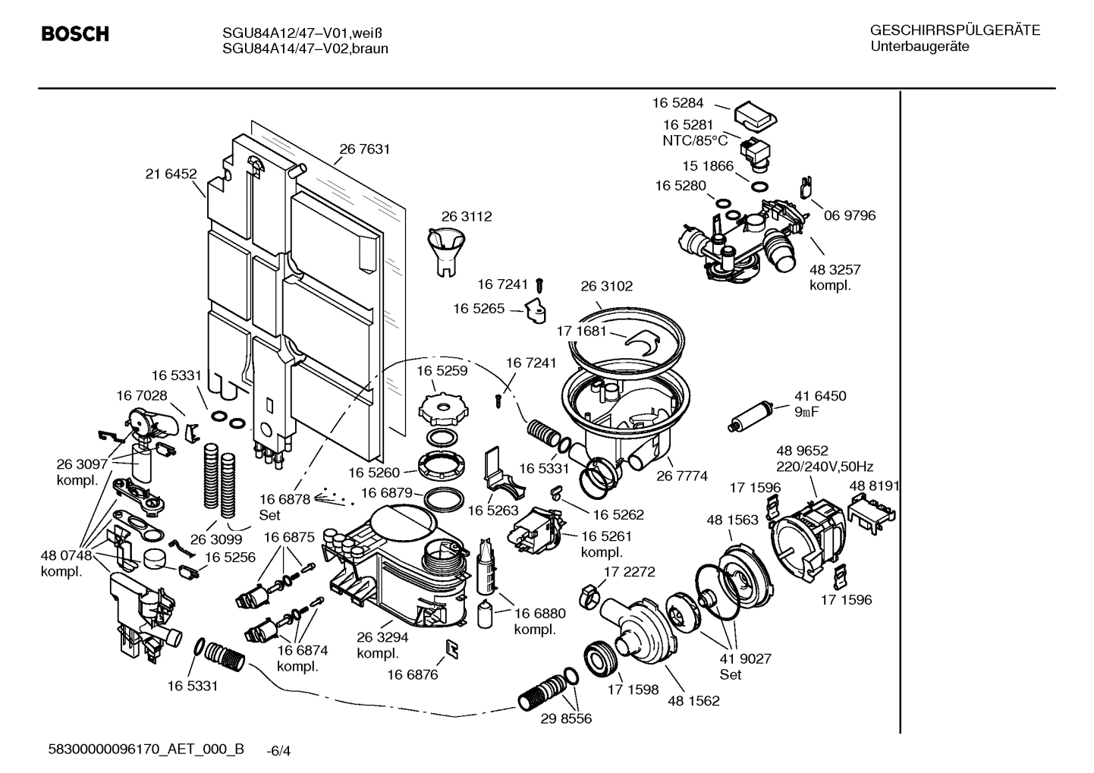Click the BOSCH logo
pos(74,35)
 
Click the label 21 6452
pos(171,174)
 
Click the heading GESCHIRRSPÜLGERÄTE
pos(954,30)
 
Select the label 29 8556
pos(566,718)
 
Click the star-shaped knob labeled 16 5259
pos(440,410)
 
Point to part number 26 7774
pos(682,476)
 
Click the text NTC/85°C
pos(695,140)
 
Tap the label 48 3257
pos(835,269)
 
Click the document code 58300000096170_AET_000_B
pos(146,749)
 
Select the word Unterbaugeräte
pos(920,47)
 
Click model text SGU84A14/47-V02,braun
pos(305,49)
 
